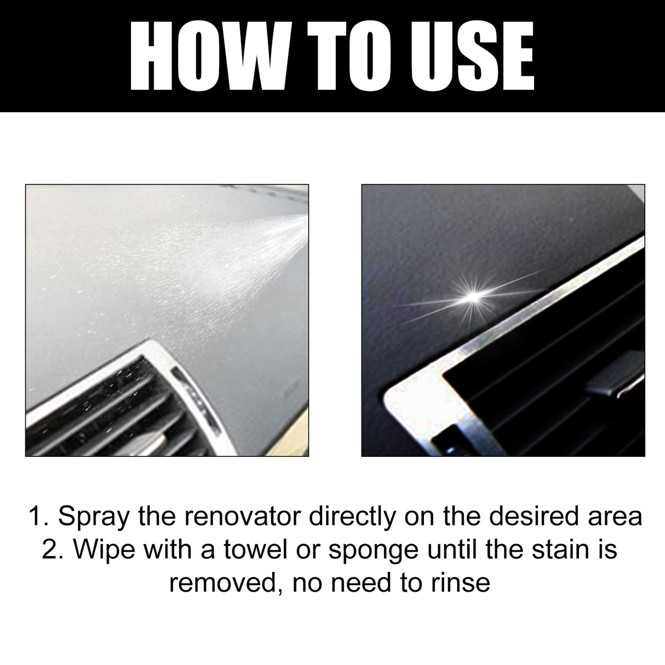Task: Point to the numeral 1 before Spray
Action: point(36,517)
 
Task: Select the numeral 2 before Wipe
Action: point(49,549)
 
